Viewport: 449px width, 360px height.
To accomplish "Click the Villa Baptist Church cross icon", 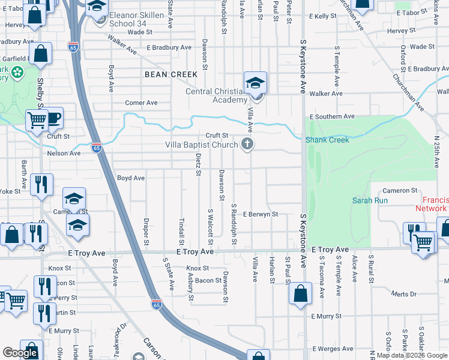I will click(x=247, y=144).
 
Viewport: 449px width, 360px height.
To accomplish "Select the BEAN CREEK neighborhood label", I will click(x=171, y=74).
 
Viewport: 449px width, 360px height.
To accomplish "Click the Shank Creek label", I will click(x=327, y=140).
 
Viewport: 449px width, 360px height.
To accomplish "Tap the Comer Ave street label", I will click(x=141, y=103).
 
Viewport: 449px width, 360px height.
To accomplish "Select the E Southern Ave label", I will click(x=332, y=116).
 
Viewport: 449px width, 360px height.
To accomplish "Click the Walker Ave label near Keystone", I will click(x=326, y=94).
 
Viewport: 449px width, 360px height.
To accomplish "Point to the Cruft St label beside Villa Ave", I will click(x=217, y=136).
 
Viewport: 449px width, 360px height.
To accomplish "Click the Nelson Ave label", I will click(x=64, y=154).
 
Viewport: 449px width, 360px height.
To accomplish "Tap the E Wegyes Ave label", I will click(x=332, y=349).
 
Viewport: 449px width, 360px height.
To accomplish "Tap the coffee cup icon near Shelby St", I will click(x=53, y=118).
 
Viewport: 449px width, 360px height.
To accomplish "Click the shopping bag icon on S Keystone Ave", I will click(x=300, y=295).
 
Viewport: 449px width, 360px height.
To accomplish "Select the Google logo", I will click(x=20, y=353).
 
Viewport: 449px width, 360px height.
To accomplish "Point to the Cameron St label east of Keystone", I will click(x=396, y=190).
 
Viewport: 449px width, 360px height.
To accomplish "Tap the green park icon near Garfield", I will click(x=16, y=73).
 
